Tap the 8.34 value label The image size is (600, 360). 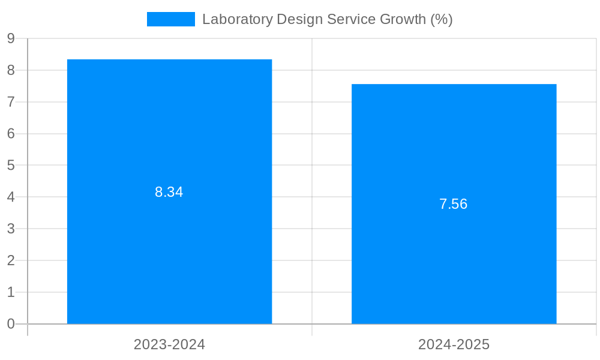pos(169,192)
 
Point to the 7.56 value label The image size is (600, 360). pos(454,204)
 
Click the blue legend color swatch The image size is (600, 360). pos(171,19)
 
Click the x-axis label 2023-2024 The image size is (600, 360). pos(169,344)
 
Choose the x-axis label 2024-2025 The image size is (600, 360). pos(454,344)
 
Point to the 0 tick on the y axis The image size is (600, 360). pos(11,324)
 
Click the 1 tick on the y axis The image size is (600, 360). pos(11,292)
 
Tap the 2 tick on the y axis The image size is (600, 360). pos(11,260)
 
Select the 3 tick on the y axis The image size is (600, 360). pos(11,229)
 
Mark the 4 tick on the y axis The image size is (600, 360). pos(11,197)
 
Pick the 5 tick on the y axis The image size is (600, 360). pos(11,165)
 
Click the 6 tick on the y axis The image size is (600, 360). pos(11,134)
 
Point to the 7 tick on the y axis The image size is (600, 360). pos(11,102)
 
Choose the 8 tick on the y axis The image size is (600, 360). pos(11,70)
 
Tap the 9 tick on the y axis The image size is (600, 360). pos(11,38)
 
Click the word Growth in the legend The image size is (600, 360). pos(404,19)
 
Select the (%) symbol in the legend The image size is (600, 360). pos(442,19)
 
